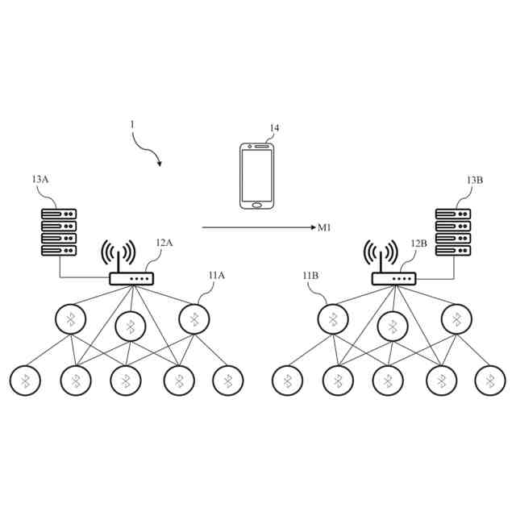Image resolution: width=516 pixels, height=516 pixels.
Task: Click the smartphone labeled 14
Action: pyautogui.click(x=257, y=176)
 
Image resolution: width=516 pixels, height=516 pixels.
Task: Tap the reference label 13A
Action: pyautogui.click(x=40, y=179)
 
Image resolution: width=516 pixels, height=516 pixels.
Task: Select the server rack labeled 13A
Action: pyautogui.click(x=59, y=233)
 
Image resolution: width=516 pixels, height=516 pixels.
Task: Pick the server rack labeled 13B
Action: pyautogui.click(x=453, y=233)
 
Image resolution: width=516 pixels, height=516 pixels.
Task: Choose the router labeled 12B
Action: pyautogui.click(x=393, y=279)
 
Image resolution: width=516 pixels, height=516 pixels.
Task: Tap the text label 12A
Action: pyautogui.click(x=164, y=243)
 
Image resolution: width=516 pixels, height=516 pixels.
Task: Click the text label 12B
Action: pyautogui.click(x=418, y=243)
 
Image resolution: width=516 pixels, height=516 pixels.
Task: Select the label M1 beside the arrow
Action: pyautogui.click(x=324, y=228)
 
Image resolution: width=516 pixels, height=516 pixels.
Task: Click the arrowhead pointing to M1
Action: pyautogui.click(x=311, y=228)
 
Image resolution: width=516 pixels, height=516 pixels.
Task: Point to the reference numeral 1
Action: pyautogui.click(x=131, y=124)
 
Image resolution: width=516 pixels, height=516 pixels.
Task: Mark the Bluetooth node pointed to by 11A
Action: pyautogui.click(x=194, y=319)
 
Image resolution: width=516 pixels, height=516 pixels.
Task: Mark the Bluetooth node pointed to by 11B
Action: pyautogui.click(x=332, y=319)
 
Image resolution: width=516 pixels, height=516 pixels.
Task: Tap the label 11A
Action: pyautogui.click(x=216, y=276)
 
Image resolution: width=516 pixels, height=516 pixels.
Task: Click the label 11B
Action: pyautogui.click(x=310, y=276)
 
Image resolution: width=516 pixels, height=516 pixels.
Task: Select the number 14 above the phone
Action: pyautogui.click(x=274, y=128)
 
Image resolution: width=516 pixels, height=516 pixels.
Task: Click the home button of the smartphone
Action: pyautogui.click(x=257, y=204)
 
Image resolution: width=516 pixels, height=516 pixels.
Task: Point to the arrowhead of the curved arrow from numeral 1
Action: pyautogui.click(x=159, y=164)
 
